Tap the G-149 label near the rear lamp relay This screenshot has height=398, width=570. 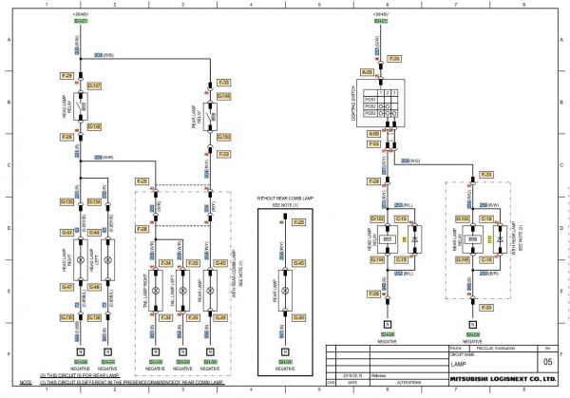(224, 96)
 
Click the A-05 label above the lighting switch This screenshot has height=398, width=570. (367, 71)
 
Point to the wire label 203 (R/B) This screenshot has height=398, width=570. (104, 56)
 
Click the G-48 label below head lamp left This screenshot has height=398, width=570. (94, 286)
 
